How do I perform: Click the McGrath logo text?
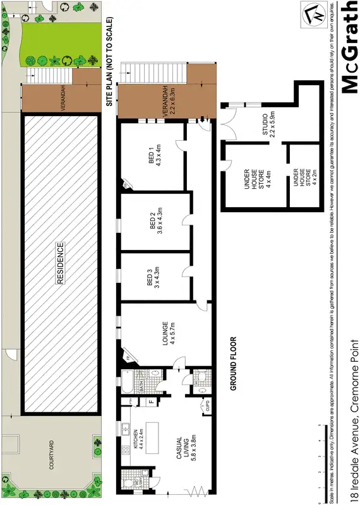[349, 47]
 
